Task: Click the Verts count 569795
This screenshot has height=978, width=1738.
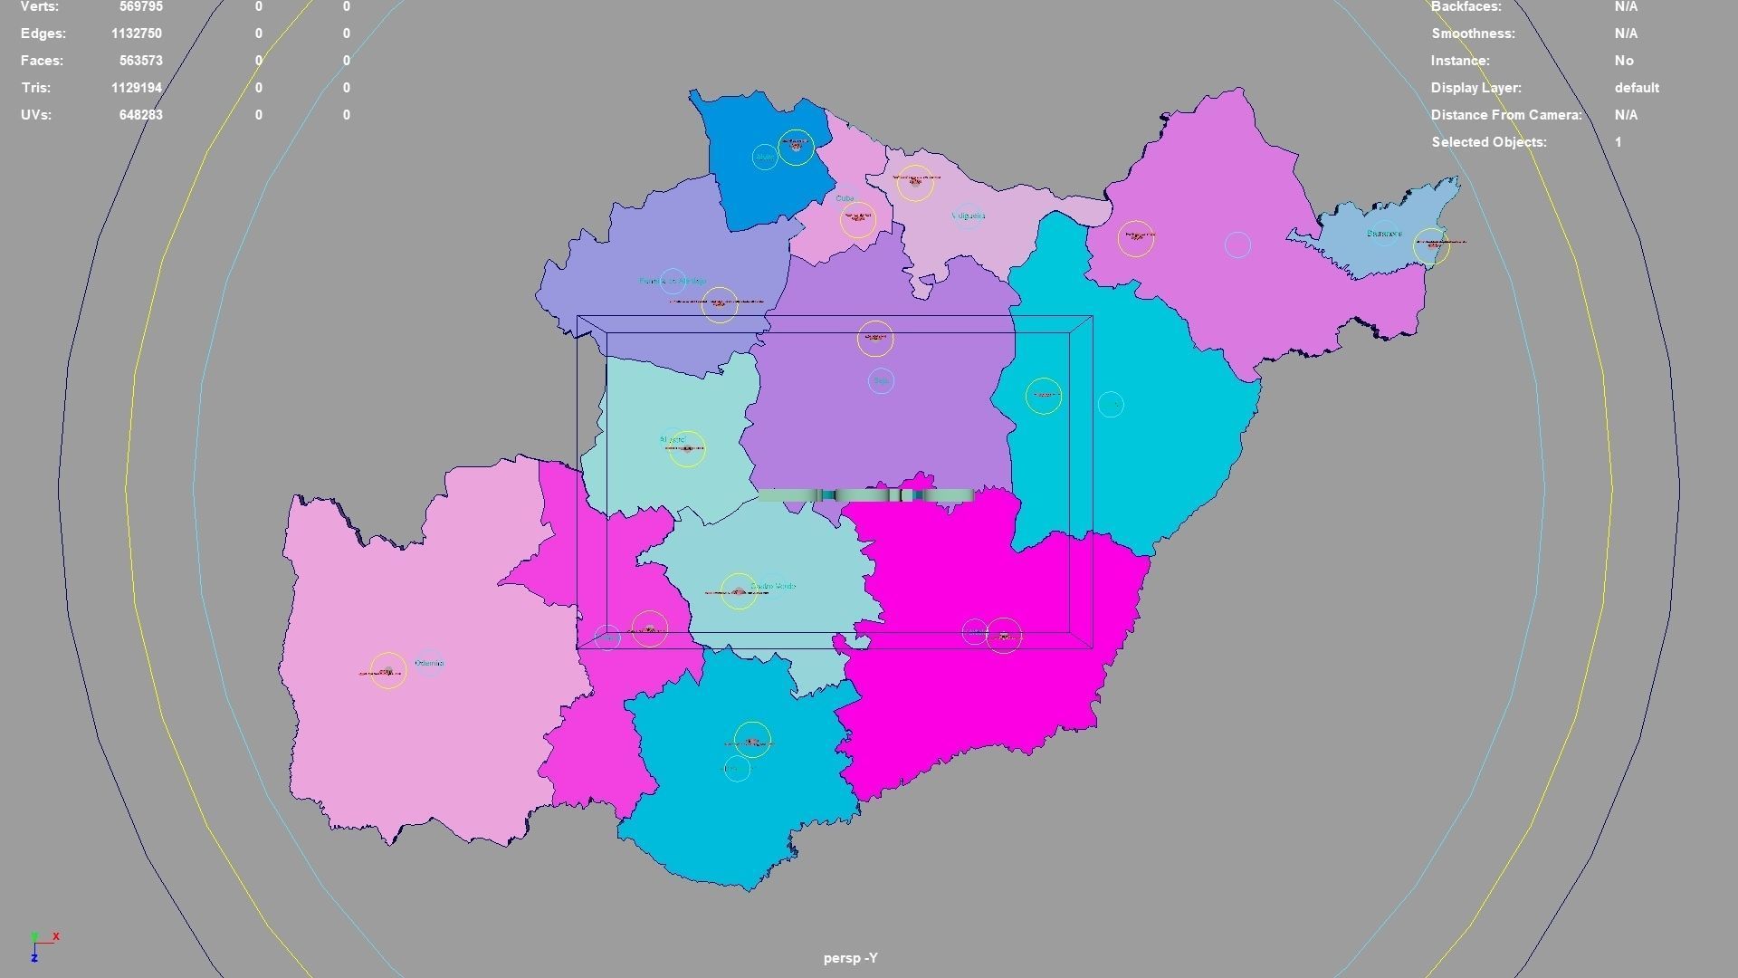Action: tap(140, 7)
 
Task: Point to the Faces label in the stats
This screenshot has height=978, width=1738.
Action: tap(42, 61)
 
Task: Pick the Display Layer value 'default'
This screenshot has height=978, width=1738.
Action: tap(1636, 88)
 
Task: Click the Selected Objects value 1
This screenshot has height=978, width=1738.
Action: tap(1618, 142)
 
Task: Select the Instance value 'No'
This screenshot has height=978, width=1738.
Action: tap(1623, 61)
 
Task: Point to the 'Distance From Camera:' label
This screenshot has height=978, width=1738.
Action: tap(1505, 115)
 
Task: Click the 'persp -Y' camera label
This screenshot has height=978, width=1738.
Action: tap(850, 958)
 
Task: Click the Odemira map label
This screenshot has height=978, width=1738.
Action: tap(429, 664)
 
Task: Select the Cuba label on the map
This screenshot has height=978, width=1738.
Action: tap(845, 198)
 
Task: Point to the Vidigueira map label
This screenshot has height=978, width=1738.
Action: tap(969, 216)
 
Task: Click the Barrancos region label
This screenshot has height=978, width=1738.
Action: tap(1383, 234)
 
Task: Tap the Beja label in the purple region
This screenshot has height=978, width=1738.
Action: tap(881, 381)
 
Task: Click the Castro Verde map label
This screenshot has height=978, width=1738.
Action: tap(773, 586)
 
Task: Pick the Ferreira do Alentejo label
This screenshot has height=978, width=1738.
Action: tap(672, 282)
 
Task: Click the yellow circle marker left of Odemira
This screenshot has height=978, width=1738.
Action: tap(388, 671)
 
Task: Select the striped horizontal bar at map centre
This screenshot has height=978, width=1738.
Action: tap(865, 495)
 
